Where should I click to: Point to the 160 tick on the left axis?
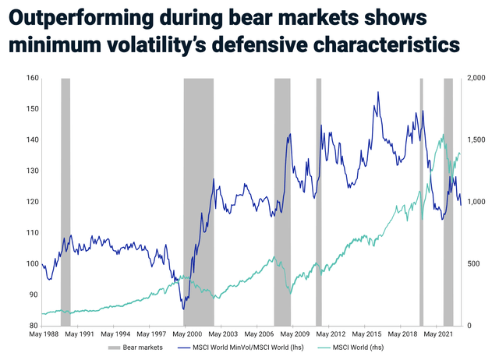pos(31,78)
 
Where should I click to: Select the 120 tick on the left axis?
pos(31,202)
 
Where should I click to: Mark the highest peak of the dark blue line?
pos(378,92)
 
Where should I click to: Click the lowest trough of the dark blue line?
pos(184,309)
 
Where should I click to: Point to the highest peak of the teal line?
pos(443,135)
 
